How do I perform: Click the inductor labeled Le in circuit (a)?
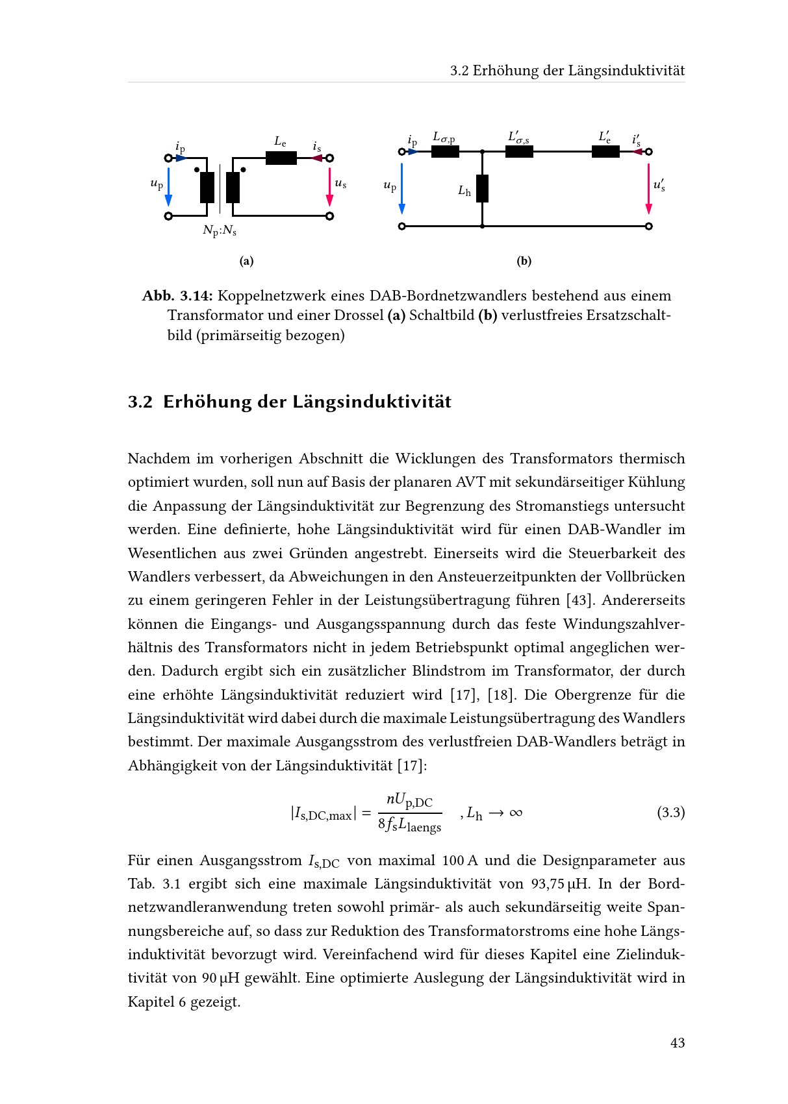pyautogui.click(x=281, y=158)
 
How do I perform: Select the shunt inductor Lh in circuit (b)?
pyautogui.click(x=482, y=188)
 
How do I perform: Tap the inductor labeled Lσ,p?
pyautogui.click(x=445, y=152)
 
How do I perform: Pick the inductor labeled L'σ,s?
pyautogui.click(x=519, y=152)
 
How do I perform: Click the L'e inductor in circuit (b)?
pyautogui.click(x=605, y=152)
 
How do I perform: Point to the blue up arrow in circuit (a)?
pyautogui.click(x=168, y=187)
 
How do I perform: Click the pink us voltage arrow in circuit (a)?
pyautogui.click(x=329, y=187)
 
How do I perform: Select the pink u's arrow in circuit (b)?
pyautogui.click(x=648, y=188)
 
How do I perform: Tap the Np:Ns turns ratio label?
pyautogui.click(x=220, y=230)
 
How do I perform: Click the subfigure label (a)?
pyautogui.click(x=246, y=261)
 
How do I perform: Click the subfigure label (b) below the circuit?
pyautogui.click(x=524, y=261)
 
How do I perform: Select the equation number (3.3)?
pyautogui.click(x=670, y=813)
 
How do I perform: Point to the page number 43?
pyautogui.click(x=678, y=1043)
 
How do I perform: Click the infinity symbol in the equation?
pyautogui.click(x=516, y=813)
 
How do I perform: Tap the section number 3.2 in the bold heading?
pyautogui.click(x=140, y=402)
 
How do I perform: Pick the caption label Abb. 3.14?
pyautogui.click(x=177, y=296)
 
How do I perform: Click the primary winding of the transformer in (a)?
pyautogui.click(x=207, y=188)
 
